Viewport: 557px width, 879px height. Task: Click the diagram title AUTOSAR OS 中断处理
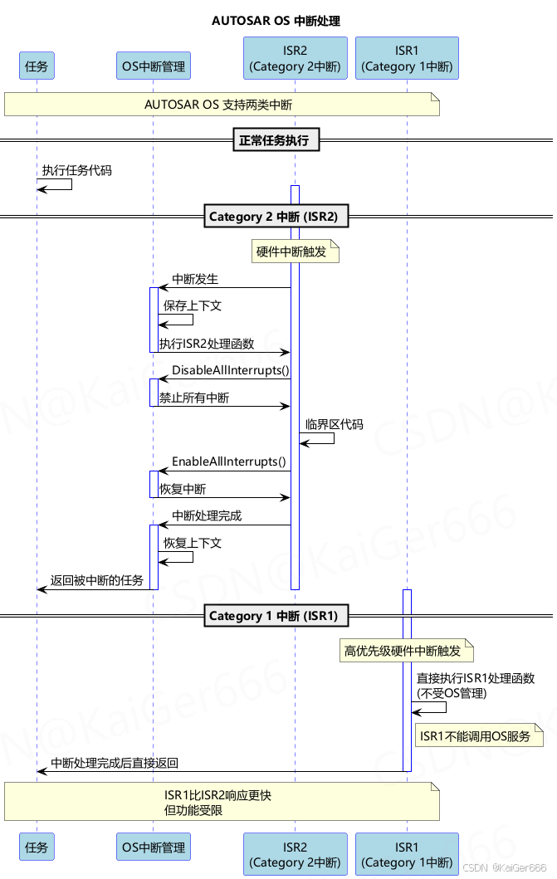pyautogui.click(x=276, y=21)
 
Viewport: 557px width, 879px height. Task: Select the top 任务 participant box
pyautogui.click(x=37, y=66)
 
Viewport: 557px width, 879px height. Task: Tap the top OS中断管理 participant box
pyautogui.click(x=153, y=66)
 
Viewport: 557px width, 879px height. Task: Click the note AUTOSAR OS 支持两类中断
pyautogui.click(x=221, y=105)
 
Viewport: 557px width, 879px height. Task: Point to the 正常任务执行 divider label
pyautogui.click(x=274, y=140)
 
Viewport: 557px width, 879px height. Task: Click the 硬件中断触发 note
pyautogui.click(x=296, y=251)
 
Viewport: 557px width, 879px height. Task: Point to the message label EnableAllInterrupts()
pyautogui.click(x=228, y=461)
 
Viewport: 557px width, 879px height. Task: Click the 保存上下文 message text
pyautogui.click(x=193, y=305)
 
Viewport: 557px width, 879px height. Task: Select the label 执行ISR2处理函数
pyautogui.click(x=207, y=344)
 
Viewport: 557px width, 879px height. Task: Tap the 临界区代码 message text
pyautogui.click(x=335, y=424)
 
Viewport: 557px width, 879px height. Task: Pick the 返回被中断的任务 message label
pyautogui.click(x=97, y=580)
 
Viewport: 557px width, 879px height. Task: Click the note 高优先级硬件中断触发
pyautogui.click(x=406, y=651)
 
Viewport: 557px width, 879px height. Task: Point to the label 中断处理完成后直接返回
pyautogui.click(x=115, y=763)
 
